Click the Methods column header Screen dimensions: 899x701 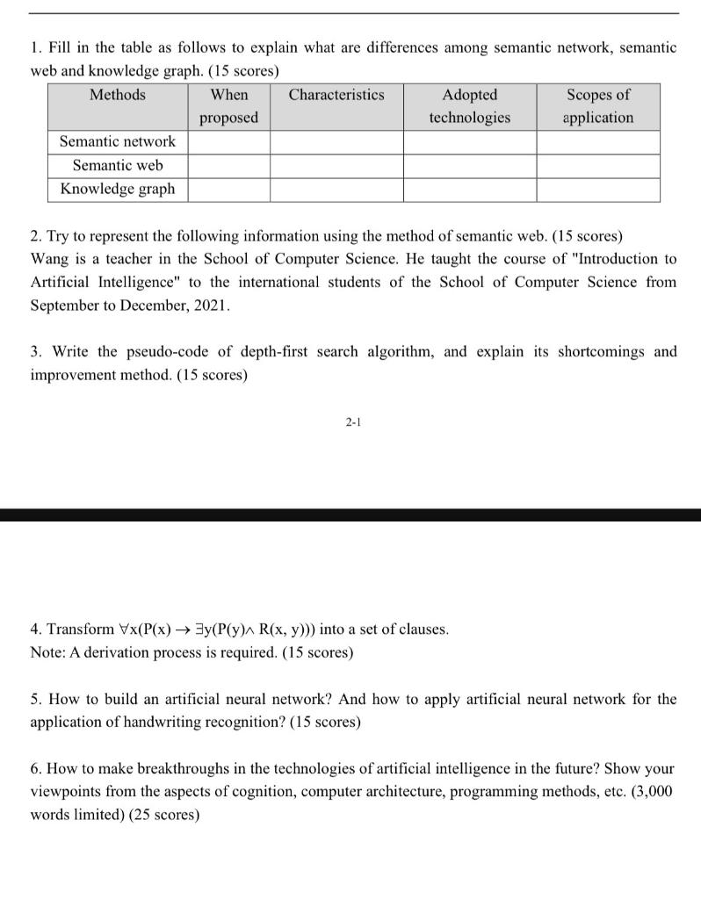pyautogui.click(x=117, y=95)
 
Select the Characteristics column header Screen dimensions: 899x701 pyautogui.click(x=336, y=95)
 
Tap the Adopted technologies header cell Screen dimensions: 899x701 pyautogui.click(x=469, y=105)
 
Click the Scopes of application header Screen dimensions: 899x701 pyautogui.click(x=597, y=105)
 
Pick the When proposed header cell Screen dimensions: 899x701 pyautogui.click(x=228, y=105)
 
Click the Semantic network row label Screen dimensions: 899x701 pyautogui.click(x=117, y=141)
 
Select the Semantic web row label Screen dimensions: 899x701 pyautogui.click(x=117, y=165)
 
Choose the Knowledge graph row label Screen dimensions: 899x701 pyautogui.click(x=117, y=189)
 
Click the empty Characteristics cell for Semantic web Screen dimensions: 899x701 pyautogui.click(x=336, y=166)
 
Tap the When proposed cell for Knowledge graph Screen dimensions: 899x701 pyautogui.click(x=228, y=190)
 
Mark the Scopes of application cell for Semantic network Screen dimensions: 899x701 pyautogui.click(x=597, y=142)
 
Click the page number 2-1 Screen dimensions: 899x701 pyautogui.click(x=352, y=422)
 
